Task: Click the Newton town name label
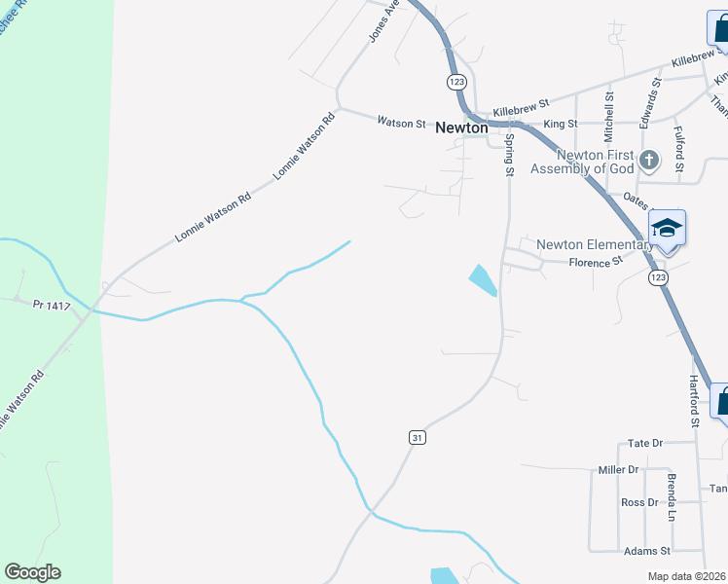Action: point(462,128)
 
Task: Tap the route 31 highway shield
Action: point(418,438)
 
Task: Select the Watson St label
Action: point(401,124)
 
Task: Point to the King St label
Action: point(561,125)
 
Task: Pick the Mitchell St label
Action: point(609,113)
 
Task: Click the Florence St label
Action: point(595,263)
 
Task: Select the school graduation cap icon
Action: point(667,229)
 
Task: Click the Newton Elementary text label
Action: point(595,244)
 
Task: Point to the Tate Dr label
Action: point(645,443)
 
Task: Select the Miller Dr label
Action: point(618,470)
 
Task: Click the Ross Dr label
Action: point(639,503)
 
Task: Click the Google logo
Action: point(32,572)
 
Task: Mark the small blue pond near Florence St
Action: point(483,280)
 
